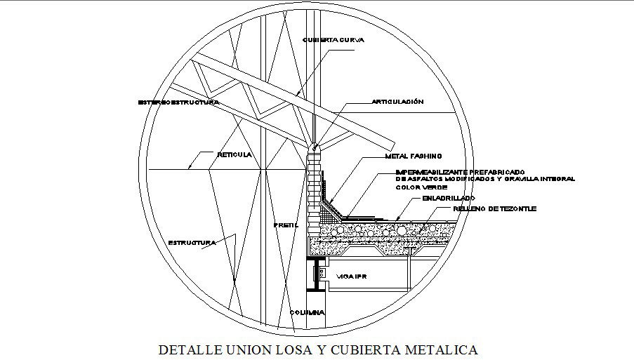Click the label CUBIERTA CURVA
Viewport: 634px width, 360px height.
(333, 40)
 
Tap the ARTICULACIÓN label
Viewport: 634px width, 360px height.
(397, 102)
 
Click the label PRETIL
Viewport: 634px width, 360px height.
(286, 226)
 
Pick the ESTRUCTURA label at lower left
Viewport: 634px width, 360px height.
(191, 243)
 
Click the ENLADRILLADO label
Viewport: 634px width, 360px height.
(449, 199)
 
